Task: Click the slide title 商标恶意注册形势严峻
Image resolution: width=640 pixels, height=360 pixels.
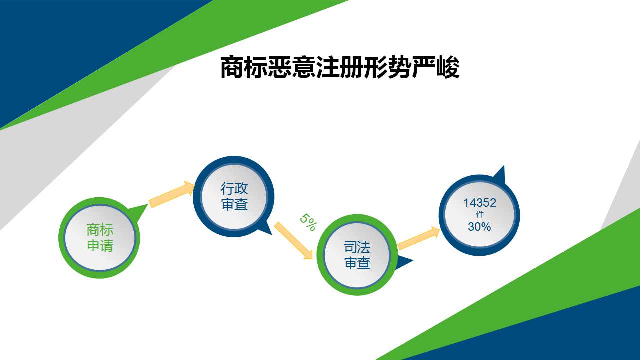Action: coord(340,67)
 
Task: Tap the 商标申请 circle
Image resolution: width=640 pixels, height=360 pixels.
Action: coord(99,238)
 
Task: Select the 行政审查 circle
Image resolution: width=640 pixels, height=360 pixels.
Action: coord(234,196)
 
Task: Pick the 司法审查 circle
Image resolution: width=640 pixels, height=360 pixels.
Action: coord(357,255)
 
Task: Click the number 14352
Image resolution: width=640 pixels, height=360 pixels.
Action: coord(479,203)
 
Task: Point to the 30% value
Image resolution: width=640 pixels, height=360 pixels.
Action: coord(479,227)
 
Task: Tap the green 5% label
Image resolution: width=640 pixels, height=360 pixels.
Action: coord(308,222)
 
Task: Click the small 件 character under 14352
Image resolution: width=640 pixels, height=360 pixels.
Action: coord(479,214)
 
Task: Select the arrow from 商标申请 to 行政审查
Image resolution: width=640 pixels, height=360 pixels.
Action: coord(171,194)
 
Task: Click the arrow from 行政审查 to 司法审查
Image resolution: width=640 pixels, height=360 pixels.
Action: coord(293,241)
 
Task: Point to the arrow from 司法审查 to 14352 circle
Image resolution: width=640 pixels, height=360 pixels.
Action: coord(419,238)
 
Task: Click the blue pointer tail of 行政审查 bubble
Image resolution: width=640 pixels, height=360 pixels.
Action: coord(265,227)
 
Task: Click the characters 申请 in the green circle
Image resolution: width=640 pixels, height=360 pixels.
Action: coord(100,245)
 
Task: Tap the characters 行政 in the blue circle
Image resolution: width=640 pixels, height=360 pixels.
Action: coord(234,188)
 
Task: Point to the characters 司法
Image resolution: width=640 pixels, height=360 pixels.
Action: coord(357,247)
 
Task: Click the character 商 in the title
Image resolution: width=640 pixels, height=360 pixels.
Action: coord(232,67)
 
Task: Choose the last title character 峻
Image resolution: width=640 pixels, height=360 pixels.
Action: coord(448,67)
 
